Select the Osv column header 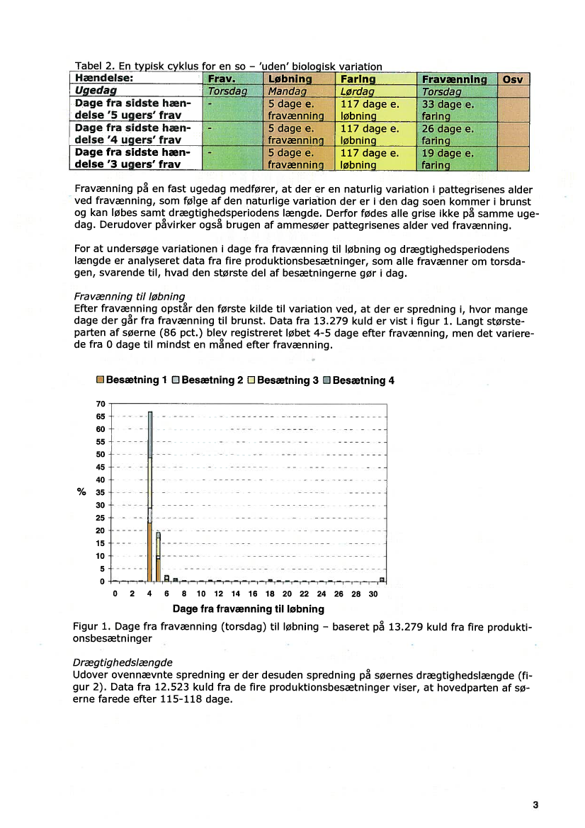pyautogui.click(x=512, y=79)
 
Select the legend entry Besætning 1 pyautogui.click(x=132, y=380)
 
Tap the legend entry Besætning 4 pyautogui.click(x=358, y=380)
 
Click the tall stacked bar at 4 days pyautogui.click(x=150, y=496)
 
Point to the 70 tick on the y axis pyautogui.click(x=101, y=403)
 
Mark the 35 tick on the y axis pyautogui.click(x=101, y=492)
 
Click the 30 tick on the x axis pyautogui.click(x=374, y=594)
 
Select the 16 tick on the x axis pyautogui.click(x=253, y=594)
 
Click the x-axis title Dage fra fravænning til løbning pyautogui.click(x=248, y=609)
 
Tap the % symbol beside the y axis pyautogui.click(x=81, y=492)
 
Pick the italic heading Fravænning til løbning pyautogui.click(x=129, y=297)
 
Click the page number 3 pyautogui.click(x=535, y=805)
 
